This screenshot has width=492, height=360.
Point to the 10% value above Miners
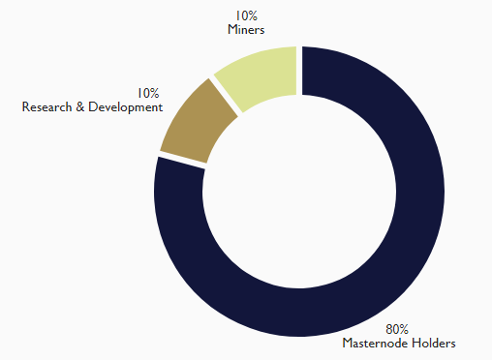[246, 15]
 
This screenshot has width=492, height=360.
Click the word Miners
[246, 30]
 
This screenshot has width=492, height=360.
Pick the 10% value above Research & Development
[148, 93]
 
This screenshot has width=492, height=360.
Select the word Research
[46, 107]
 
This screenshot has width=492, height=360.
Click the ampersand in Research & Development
[80, 107]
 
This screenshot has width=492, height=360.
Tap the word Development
[126, 107]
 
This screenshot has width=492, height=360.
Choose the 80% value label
[397, 329]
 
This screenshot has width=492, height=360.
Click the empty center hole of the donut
[299, 192]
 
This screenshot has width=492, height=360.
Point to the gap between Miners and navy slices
[299, 71]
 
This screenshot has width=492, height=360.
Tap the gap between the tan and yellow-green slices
[226, 96]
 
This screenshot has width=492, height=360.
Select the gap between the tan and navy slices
[182, 161]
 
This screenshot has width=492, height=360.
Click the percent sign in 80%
[404, 329]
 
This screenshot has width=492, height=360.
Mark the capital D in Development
[93, 107]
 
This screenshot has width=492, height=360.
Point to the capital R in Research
[25, 107]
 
